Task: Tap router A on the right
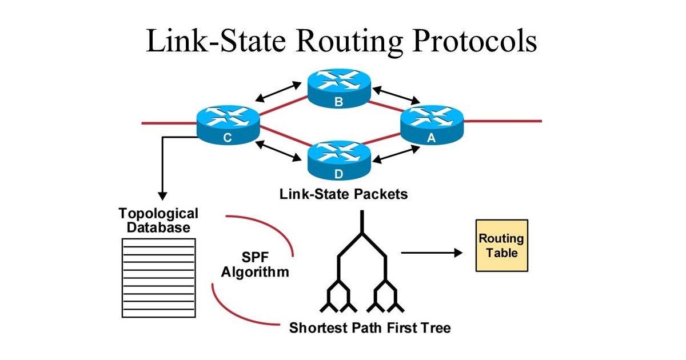pos(432,125)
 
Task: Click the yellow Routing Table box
pos(502,245)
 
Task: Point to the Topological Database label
pos(158,221)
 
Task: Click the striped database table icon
pos(158,277)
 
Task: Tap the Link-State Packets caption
pos(344,194)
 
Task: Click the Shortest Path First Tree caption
pos(369,328)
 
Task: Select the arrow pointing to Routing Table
pos(431,253)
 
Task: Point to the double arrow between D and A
pos(397,154)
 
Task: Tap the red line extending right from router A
pos(503,121)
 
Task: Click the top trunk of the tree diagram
pos(361,223)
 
